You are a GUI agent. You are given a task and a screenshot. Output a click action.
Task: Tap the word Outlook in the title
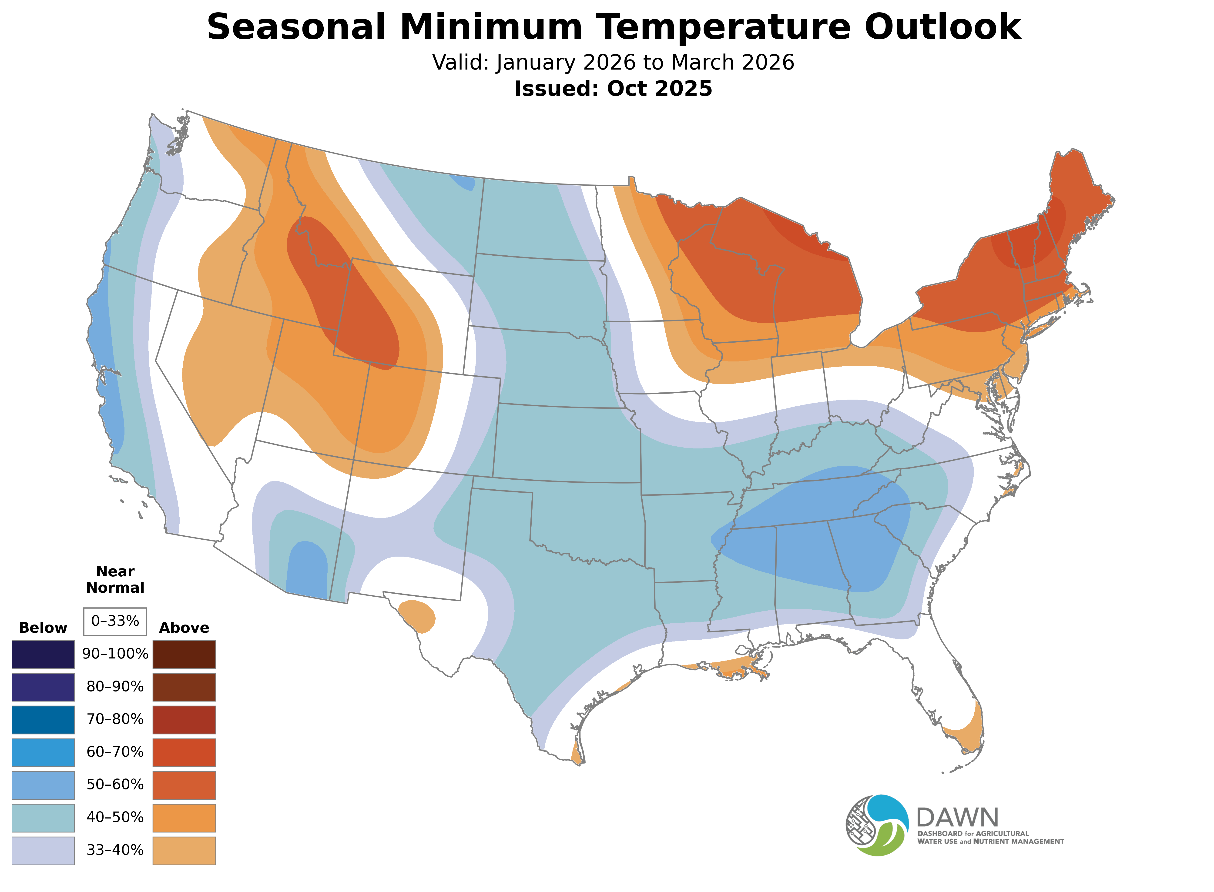click(x=942, y=27)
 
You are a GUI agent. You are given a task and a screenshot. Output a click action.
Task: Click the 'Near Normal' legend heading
click(x=115, y=579)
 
